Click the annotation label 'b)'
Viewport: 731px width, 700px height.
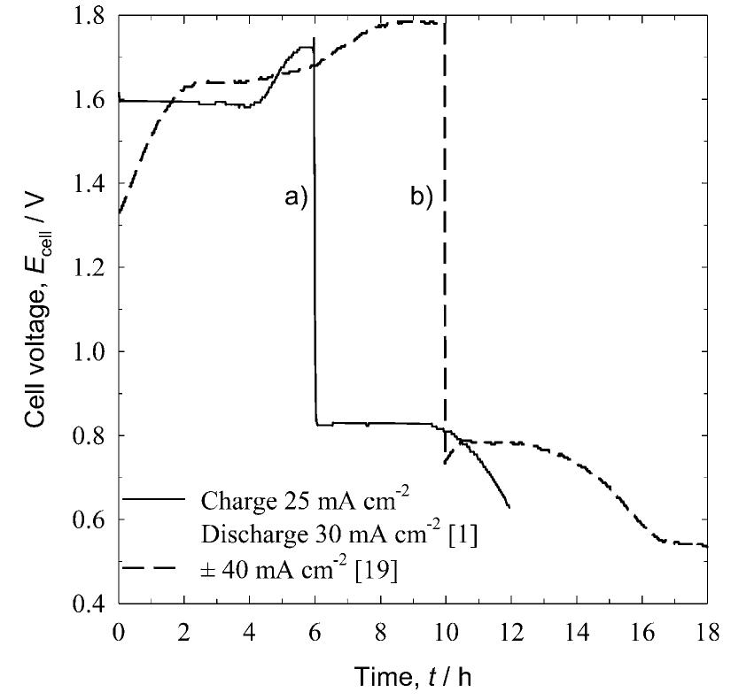(422, 197)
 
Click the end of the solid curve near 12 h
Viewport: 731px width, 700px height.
(509, 507)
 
